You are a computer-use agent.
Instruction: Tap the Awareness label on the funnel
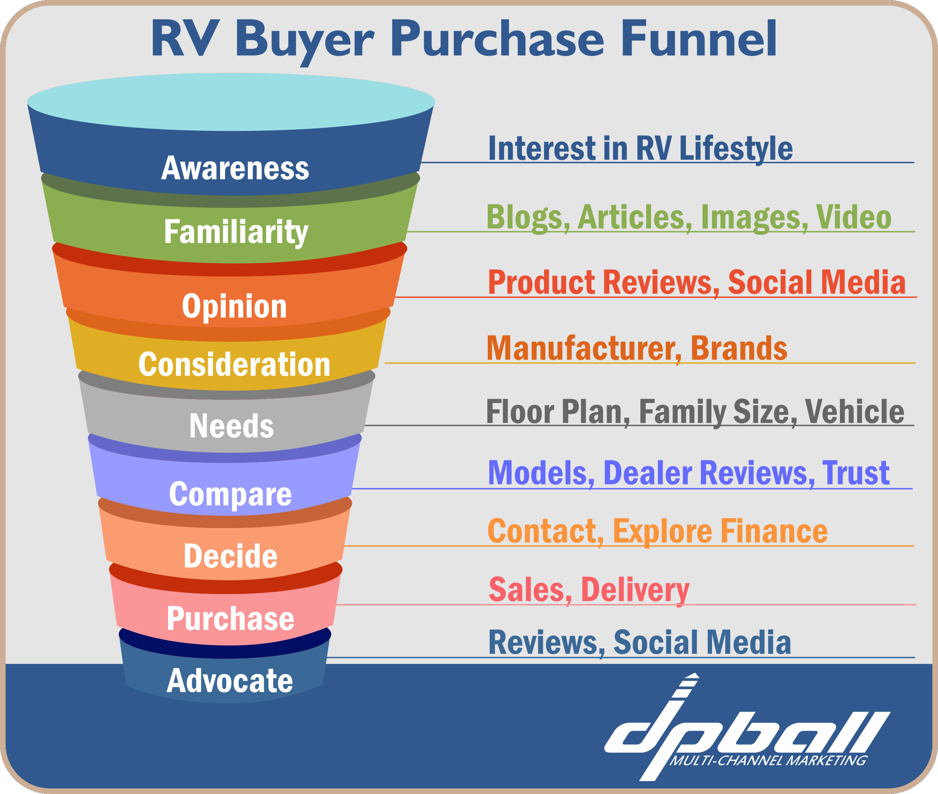pos(235,168)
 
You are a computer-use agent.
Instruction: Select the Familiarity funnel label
pos(236,232)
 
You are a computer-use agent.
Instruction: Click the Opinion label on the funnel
pos(234,307)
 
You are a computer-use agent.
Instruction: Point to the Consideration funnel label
pos(234,365)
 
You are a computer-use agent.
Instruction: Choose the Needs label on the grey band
pos(231,426)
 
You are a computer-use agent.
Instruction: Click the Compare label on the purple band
pos(230,494)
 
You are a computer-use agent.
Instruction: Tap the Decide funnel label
pos(231,556)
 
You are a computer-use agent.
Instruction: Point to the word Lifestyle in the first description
pos(736,148)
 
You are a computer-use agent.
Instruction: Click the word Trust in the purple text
pos(856,473)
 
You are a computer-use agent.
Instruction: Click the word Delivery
pos(635,590)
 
